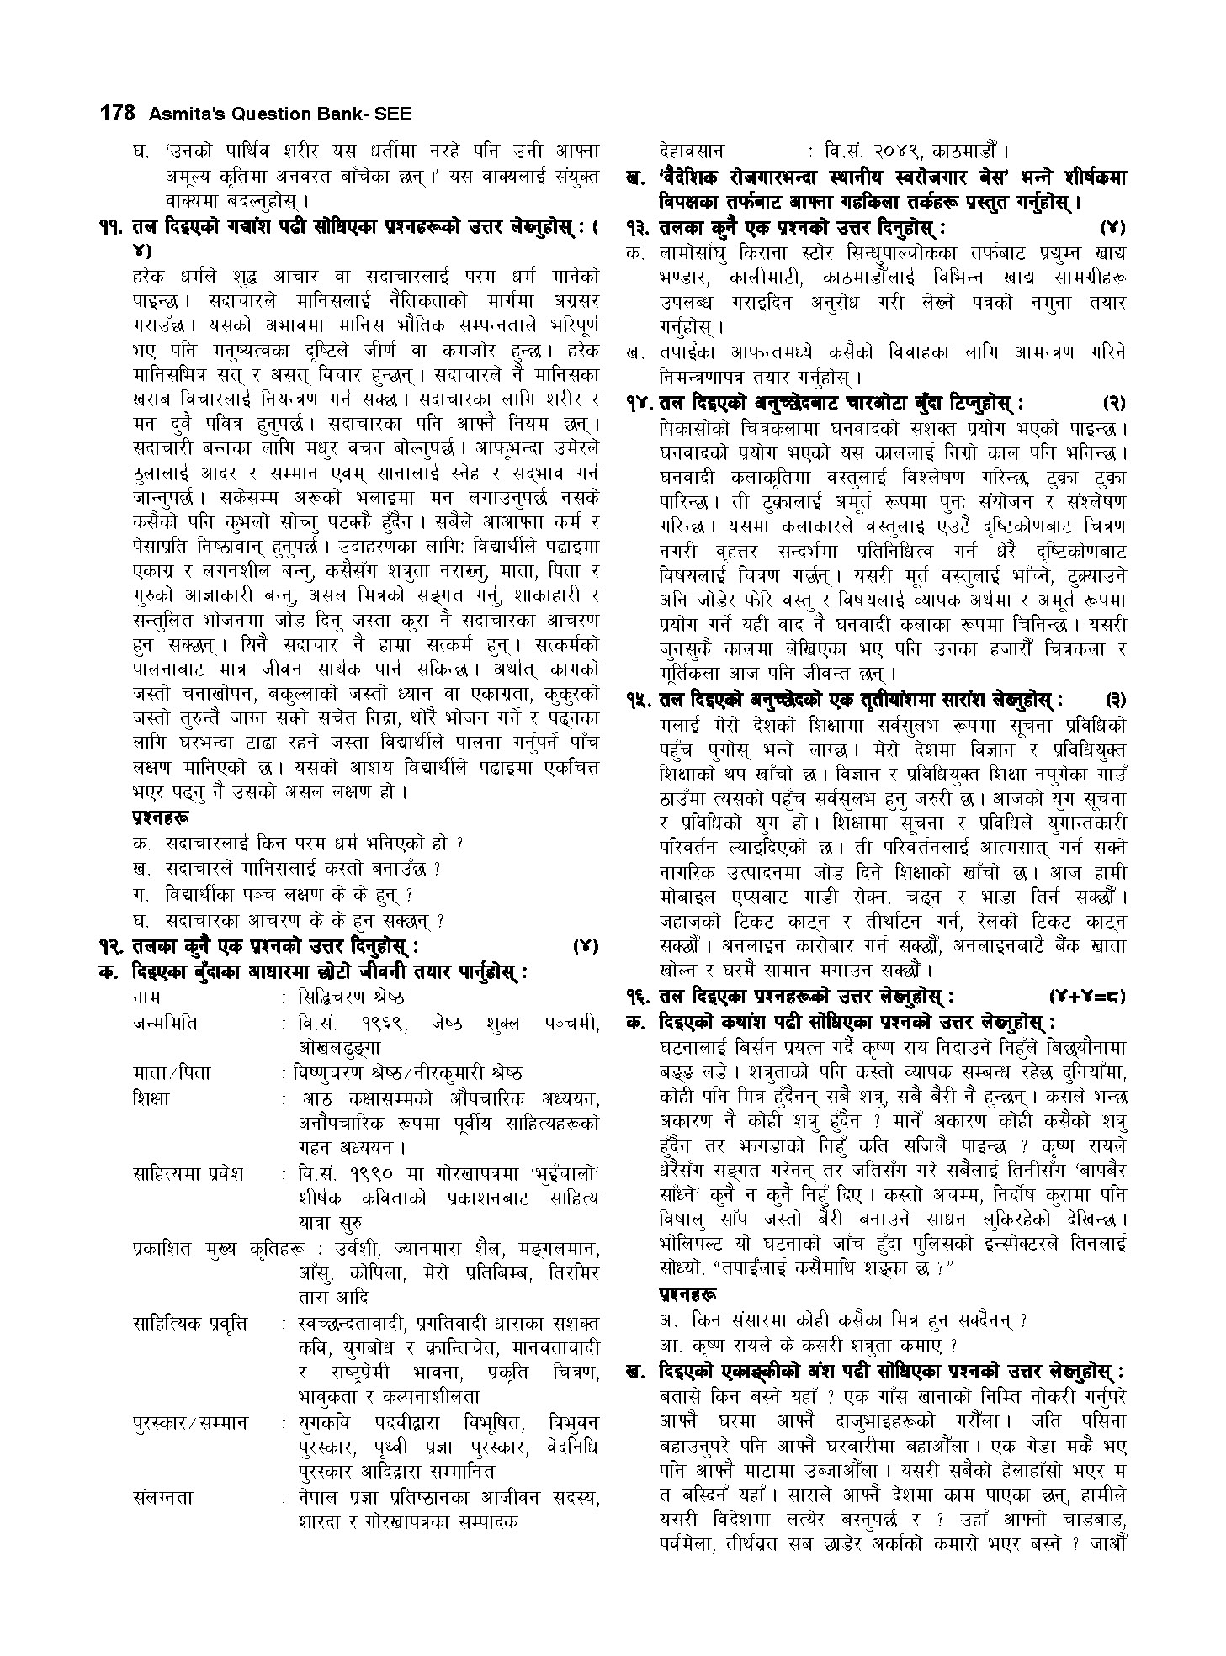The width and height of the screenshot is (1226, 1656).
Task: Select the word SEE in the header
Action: [393, 113]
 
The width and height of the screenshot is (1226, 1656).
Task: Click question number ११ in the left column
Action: [111, 226]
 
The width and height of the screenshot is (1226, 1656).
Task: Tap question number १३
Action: [641, 227]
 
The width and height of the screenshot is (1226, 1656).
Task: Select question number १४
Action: [641, 404]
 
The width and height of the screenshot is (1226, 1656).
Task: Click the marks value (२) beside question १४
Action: [1113, 404]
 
